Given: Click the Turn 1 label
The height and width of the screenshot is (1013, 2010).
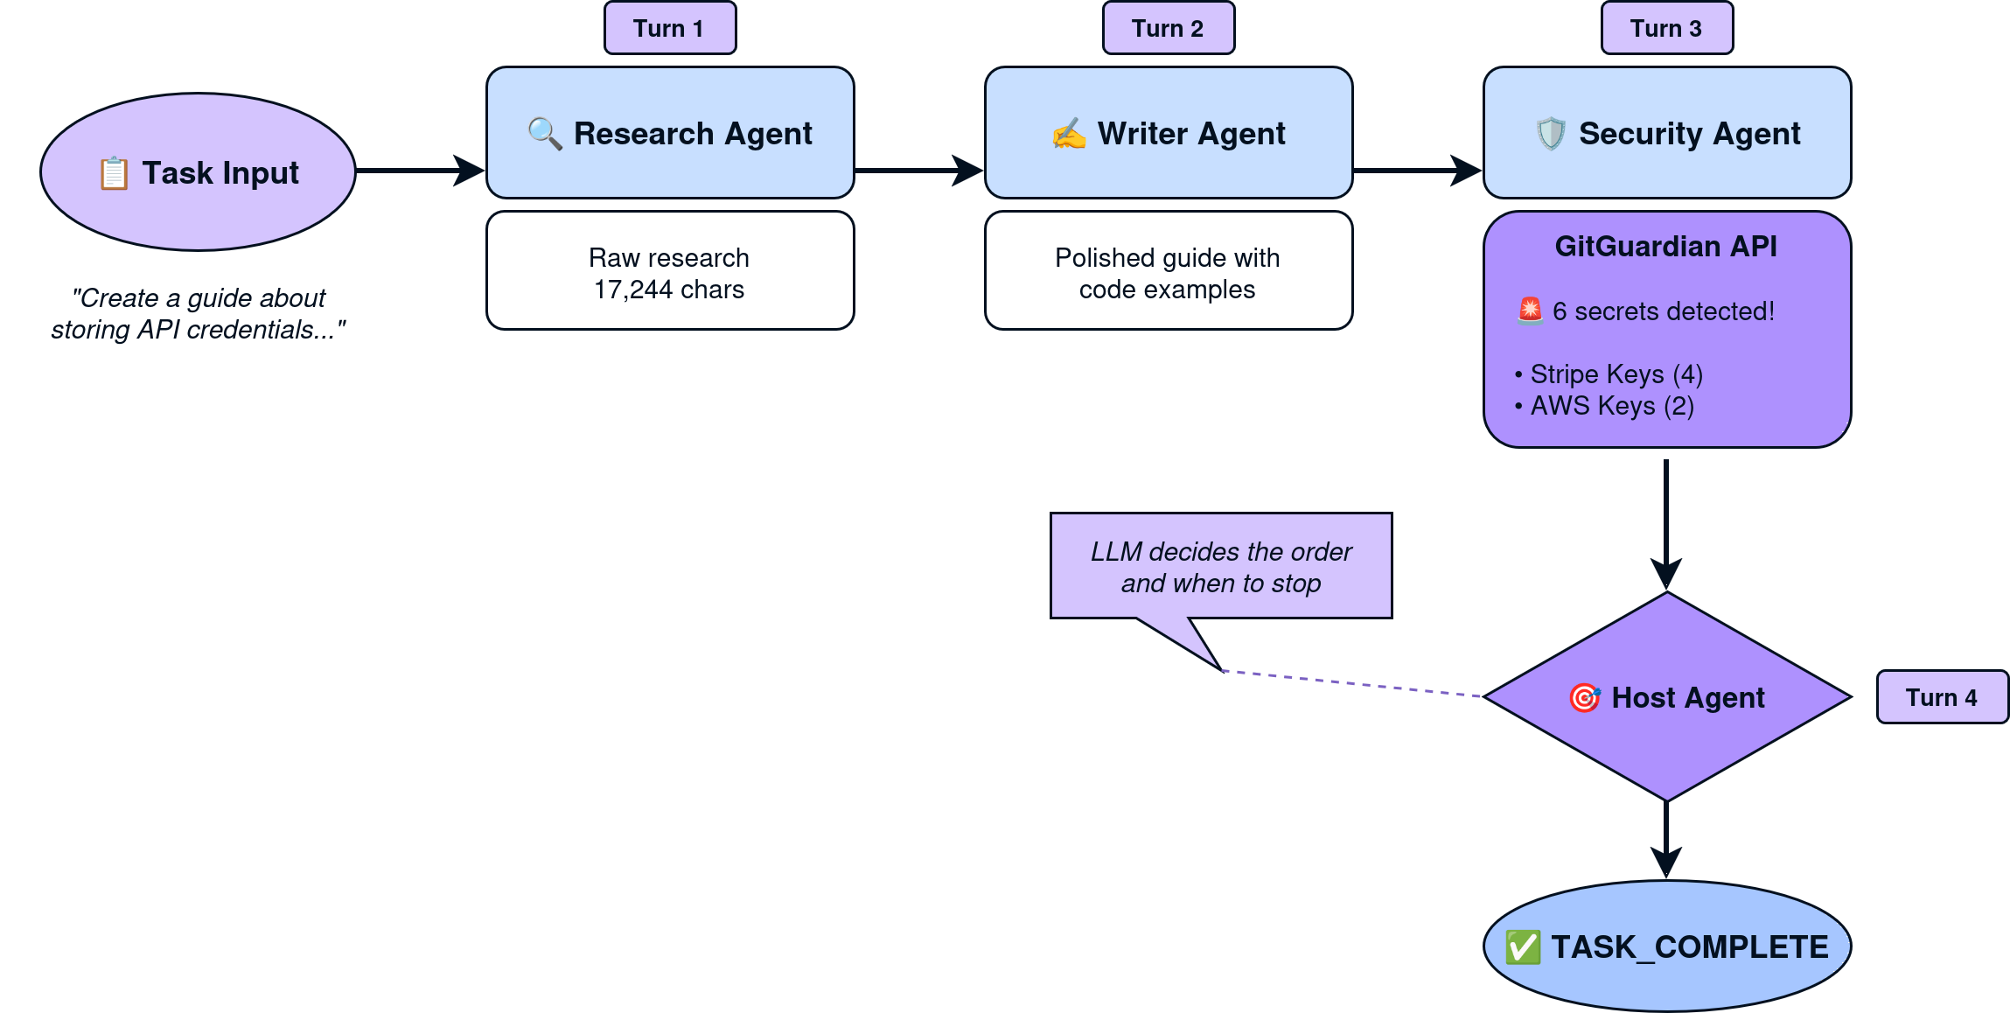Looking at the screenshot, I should (669, 28).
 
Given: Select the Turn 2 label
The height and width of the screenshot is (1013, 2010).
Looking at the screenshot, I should (1168, 28).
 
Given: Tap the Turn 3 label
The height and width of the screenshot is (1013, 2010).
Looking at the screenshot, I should (1666, 28).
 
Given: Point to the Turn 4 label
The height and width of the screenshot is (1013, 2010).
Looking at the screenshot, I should (1941, 697).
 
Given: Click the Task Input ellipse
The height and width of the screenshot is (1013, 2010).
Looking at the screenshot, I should (199, 172).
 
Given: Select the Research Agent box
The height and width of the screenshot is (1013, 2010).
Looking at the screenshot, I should (670, 133).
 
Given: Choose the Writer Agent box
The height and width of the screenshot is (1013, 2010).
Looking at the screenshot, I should (1169, 133).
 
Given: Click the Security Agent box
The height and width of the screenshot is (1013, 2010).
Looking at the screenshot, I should (1667, 133).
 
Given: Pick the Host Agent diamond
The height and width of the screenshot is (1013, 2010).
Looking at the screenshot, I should (1667, 697).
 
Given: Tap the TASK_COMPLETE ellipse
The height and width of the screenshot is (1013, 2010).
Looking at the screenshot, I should (1667, 947).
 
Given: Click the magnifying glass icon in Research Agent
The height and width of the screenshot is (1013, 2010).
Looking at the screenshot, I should (545, 134).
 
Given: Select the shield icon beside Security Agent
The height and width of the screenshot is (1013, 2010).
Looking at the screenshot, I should (1551, 134).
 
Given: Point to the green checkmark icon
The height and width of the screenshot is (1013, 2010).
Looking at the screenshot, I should (1523, 947).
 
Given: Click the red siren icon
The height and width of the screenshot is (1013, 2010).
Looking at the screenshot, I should (1530, 310).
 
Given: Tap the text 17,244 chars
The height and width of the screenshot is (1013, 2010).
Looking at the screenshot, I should (669, 290).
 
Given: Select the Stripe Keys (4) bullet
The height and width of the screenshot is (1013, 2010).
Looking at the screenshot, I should (1609, 374).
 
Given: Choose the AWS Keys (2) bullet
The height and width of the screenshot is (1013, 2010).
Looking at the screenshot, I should (1605, 406).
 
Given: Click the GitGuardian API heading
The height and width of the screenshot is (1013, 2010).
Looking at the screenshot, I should (1665, 247).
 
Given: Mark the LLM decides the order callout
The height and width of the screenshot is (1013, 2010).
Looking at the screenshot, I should (1221, 567).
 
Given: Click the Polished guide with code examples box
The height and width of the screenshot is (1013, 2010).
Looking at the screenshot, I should (1169, 271).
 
